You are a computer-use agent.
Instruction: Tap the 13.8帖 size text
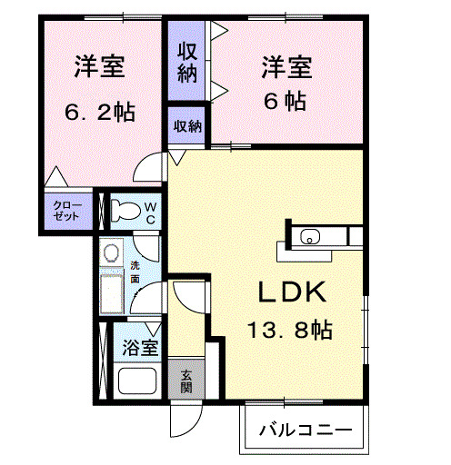290,330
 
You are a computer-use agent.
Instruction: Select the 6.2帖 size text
99,113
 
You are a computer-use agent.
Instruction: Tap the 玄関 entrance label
185,381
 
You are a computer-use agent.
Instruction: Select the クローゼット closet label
66,211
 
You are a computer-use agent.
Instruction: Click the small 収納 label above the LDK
187,126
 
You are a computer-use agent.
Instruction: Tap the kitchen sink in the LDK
310,238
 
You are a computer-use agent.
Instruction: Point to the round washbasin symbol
112,252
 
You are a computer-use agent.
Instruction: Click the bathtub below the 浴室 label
136,381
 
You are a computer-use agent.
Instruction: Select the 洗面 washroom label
135,272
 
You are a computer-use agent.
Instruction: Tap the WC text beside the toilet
151,213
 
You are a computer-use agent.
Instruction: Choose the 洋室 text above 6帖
287,66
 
